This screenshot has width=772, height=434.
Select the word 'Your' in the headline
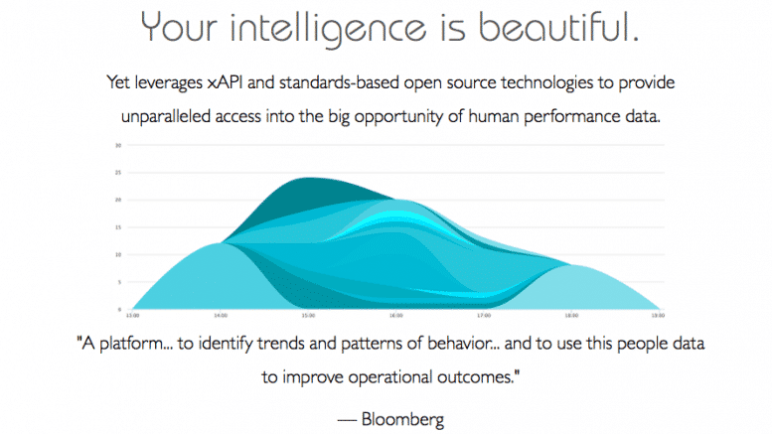click(183, 27)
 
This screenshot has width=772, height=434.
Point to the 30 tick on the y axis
click(117, 145)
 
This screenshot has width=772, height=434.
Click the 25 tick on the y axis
click(117, 173)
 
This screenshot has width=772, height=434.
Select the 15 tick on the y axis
click(117, 227)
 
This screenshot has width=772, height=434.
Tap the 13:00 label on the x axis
click(132, 317)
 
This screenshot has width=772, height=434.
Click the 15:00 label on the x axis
click(308, 317)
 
